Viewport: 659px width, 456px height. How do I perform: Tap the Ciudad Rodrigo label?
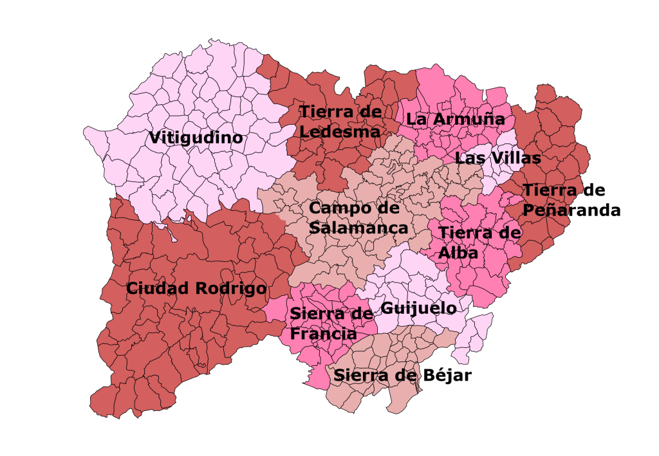pos(196,289)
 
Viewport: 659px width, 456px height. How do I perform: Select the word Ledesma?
pos(340,131)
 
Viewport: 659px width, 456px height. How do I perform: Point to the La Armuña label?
pos(455,120)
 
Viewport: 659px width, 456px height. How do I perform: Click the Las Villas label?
pos(497,158)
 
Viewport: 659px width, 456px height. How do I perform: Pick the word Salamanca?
pos(358,228)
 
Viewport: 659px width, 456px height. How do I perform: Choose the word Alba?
pos(458,253)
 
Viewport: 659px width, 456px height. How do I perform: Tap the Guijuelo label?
pos(418,308)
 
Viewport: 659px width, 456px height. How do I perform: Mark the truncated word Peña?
pos(539,210)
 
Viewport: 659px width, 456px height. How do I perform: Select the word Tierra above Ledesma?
pos(327,112)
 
